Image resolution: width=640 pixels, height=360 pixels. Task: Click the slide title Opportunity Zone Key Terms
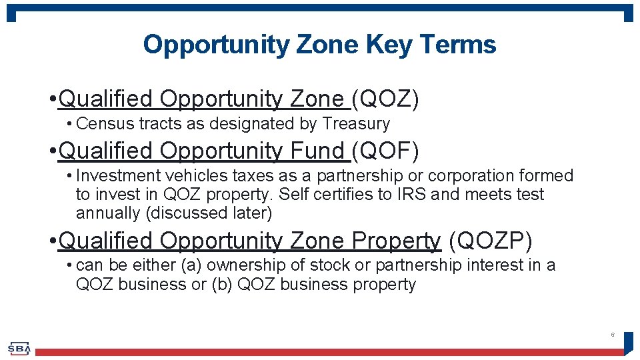coord(319,45)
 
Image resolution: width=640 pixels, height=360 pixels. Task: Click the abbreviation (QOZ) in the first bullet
coord(385,99)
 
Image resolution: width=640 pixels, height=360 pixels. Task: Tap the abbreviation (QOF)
coord(385,151)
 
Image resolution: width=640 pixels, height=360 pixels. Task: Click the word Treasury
coord(356,124)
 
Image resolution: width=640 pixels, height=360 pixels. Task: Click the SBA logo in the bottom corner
coord(19,348)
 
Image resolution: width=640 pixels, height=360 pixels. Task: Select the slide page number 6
coord(612,335)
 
